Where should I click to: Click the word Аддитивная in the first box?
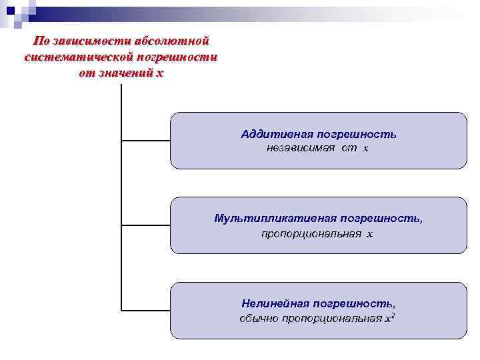tap(267, 134)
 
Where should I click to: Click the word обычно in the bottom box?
tap(259, 318)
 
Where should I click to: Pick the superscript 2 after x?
tap(393, 315)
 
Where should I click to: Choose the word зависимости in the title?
tap(92, 42)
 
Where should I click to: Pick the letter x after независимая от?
tap(365, 148)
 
